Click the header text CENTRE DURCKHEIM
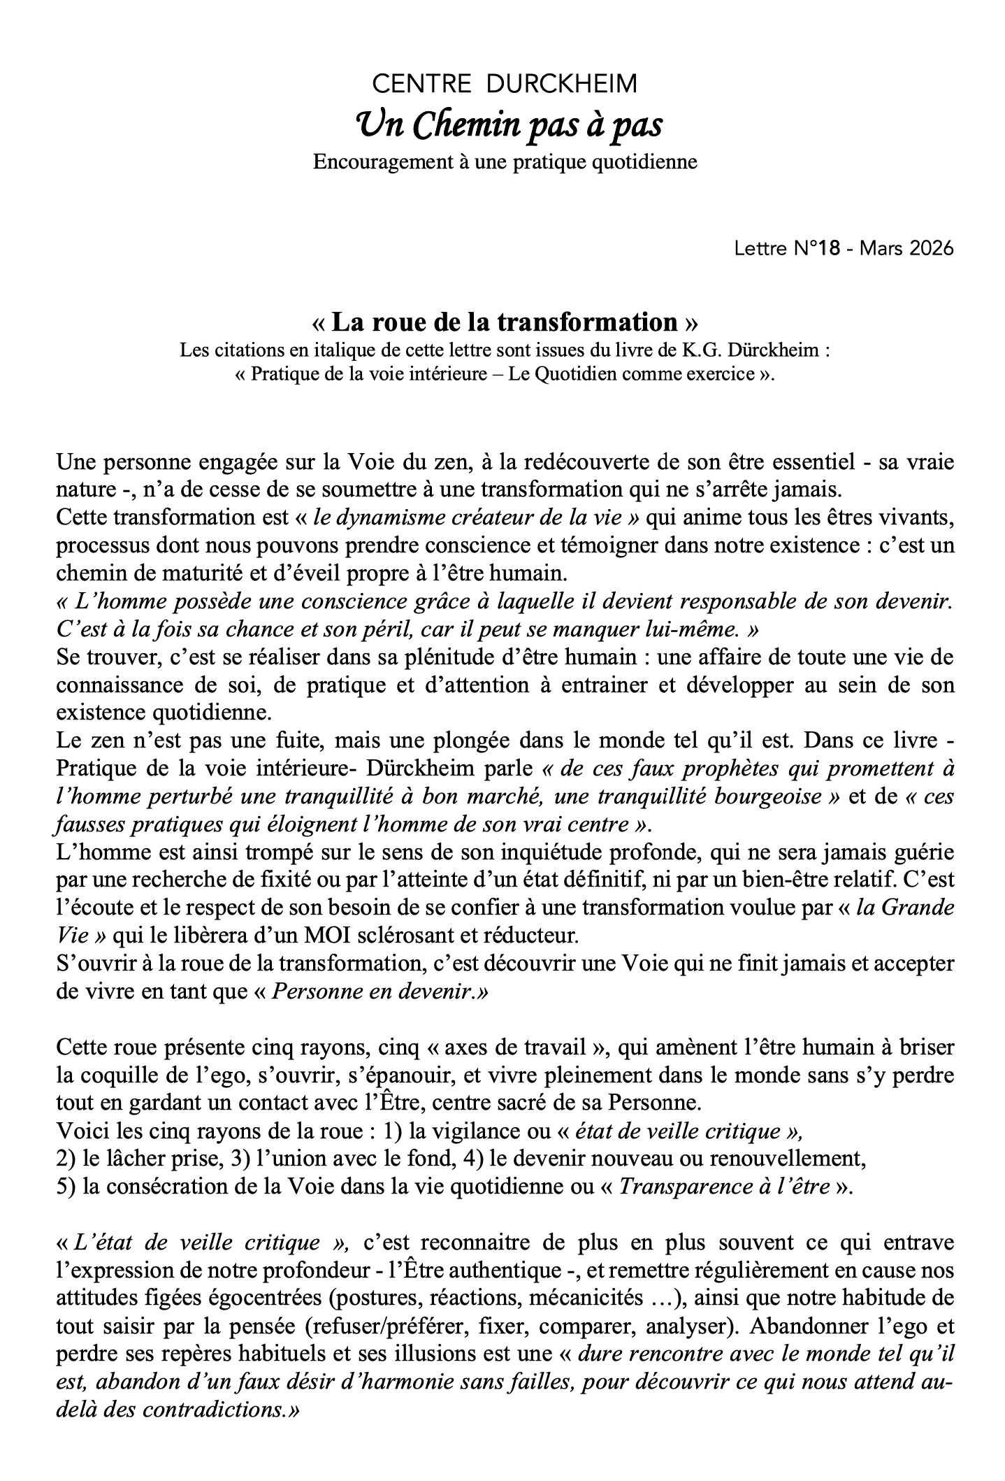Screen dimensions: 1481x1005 [x=505, y=85]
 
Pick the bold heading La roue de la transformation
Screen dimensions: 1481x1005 [x=505, y=322]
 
